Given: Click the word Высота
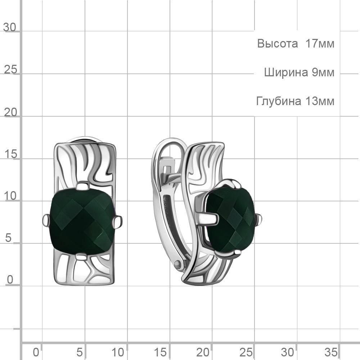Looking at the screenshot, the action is pyautogui.click(x=277, y=44).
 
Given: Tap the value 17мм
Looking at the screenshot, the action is pyautogui.click(x=320, y=44).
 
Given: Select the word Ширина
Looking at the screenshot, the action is pyautogui.click(x=286, y=73).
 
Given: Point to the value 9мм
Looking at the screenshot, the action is pyautogui.click(x=323, y=73).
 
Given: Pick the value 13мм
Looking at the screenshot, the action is pyautogui.click(x=320, y=101).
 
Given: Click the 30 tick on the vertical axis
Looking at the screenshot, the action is pyautogui.click(x=10, y=27).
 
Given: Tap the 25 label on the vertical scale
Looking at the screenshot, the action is pyautogui.click(x=10, y=69).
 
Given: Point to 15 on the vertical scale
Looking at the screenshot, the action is pyautogui.click(x=10, y=154).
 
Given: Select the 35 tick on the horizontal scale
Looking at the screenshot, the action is pyautogui.click(x=331, y=352).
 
